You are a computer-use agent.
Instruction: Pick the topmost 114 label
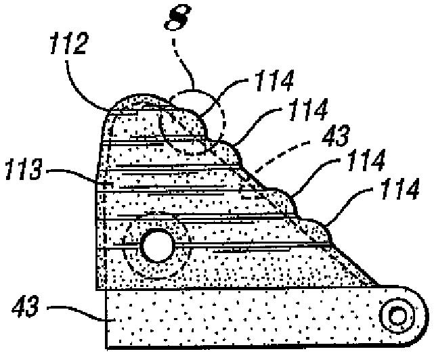click(x=274, y=83)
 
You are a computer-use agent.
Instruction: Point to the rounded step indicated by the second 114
click(x=234, y=150)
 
